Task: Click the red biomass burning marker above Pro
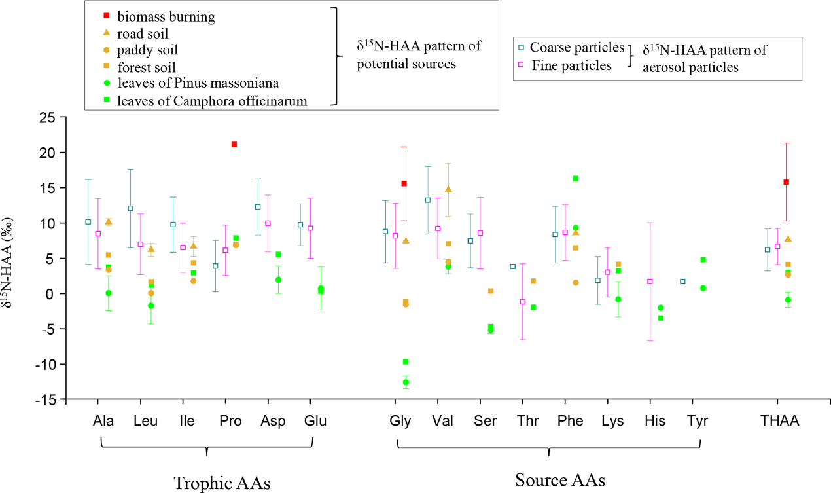(x=234, y=144)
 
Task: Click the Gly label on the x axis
(x=400, y=421)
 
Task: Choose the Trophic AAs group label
(x=222, y=483)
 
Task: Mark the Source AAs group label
(x=560, y=480)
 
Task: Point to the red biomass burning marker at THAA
(x=786, y=182)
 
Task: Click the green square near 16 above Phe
(x=576, y=178)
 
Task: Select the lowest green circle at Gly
(x=406, y=382)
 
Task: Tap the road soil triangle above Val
(x=448, y=189)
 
